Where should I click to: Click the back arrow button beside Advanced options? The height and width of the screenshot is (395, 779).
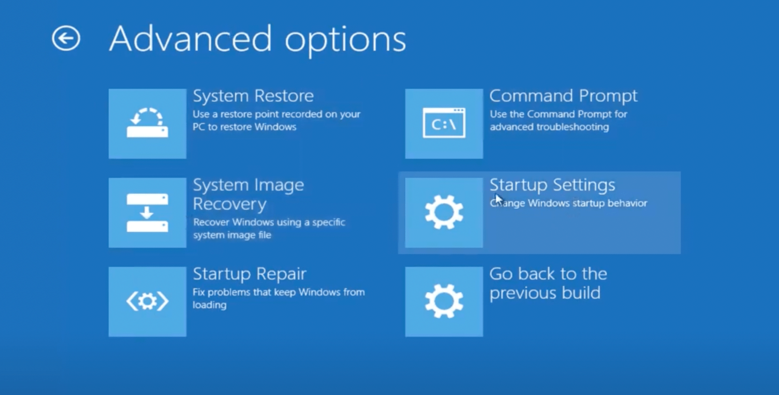coord(66,38)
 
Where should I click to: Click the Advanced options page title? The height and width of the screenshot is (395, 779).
coord(258,40)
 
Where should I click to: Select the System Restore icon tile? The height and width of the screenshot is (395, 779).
coord(148,124)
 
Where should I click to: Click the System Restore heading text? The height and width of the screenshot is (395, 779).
coord(253,96)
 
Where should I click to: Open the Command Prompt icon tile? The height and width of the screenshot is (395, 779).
coord(444,124)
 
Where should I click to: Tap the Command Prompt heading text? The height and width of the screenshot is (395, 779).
coord(563,96)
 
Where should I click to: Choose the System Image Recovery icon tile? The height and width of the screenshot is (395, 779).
coord(148,213)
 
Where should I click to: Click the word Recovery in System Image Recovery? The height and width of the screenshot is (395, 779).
coord(229,204)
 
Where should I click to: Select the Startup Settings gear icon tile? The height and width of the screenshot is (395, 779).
coord(444,213)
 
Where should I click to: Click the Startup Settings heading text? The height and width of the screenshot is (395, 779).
coord(552,186)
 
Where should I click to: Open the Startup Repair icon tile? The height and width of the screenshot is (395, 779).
coord(148,301)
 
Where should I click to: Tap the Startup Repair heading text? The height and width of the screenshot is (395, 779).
coord(249,275)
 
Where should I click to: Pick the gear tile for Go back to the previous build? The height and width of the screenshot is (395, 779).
coord(444,301)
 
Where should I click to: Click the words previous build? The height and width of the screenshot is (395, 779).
coord(545,293)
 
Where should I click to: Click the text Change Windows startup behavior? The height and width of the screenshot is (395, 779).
coord(569,203)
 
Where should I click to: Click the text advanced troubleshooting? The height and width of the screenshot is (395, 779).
coord(550,127)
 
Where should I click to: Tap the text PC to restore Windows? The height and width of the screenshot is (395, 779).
coord(245,127)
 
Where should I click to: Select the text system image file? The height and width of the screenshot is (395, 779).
coord(232,235)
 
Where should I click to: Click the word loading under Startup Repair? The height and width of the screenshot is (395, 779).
coord(210,305)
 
